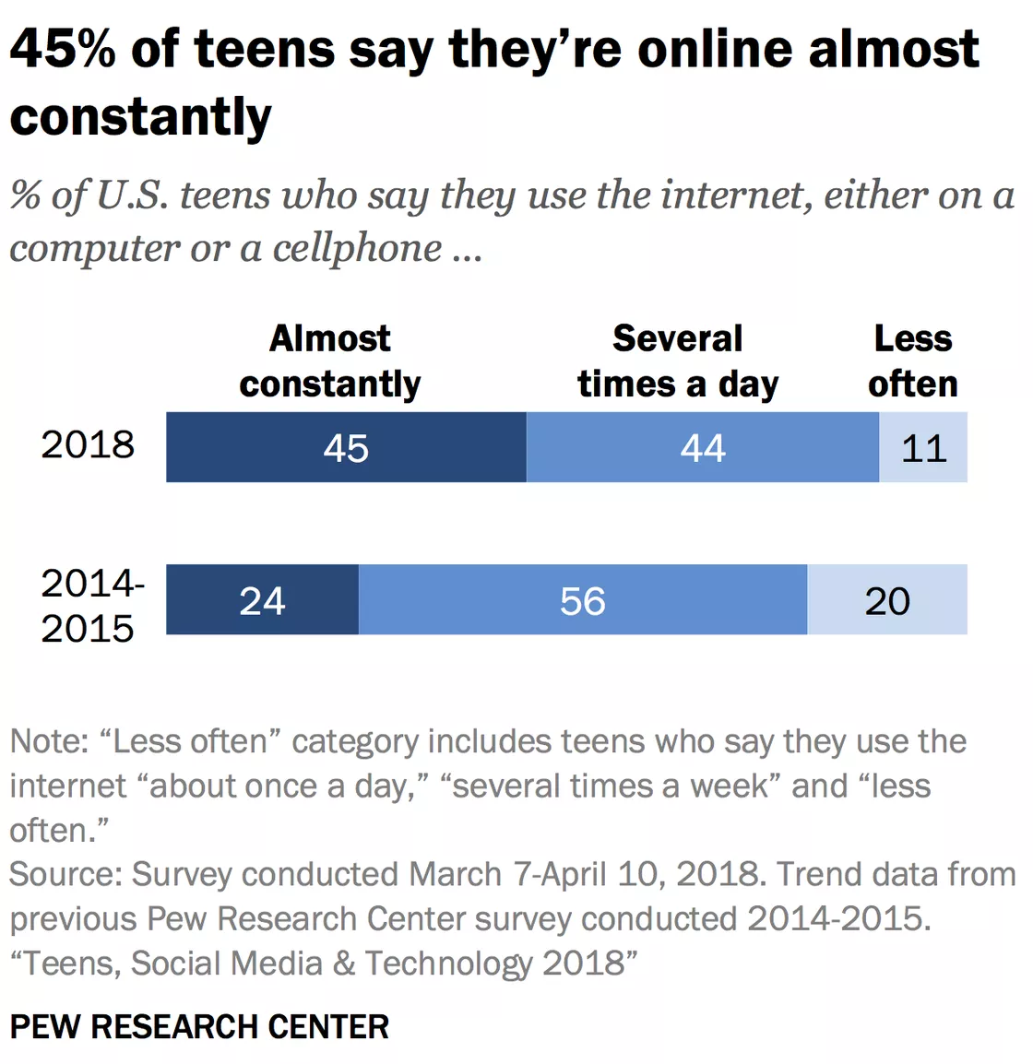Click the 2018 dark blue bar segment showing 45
coord(346,447)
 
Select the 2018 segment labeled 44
coord(702,447)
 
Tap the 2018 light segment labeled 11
coord(922,447)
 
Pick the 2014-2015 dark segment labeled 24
coord(262,600)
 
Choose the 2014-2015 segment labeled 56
coord(582,600)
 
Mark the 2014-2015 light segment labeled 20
coord(886,600)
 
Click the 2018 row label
coord(88,444)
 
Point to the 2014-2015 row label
coord(91,606)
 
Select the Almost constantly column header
coord(329,361)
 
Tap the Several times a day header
coord(678,361)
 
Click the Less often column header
coord(912,361)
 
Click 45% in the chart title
coord(63,49)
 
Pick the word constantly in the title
coord(140,117)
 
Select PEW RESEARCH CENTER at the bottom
coord(199,1026)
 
